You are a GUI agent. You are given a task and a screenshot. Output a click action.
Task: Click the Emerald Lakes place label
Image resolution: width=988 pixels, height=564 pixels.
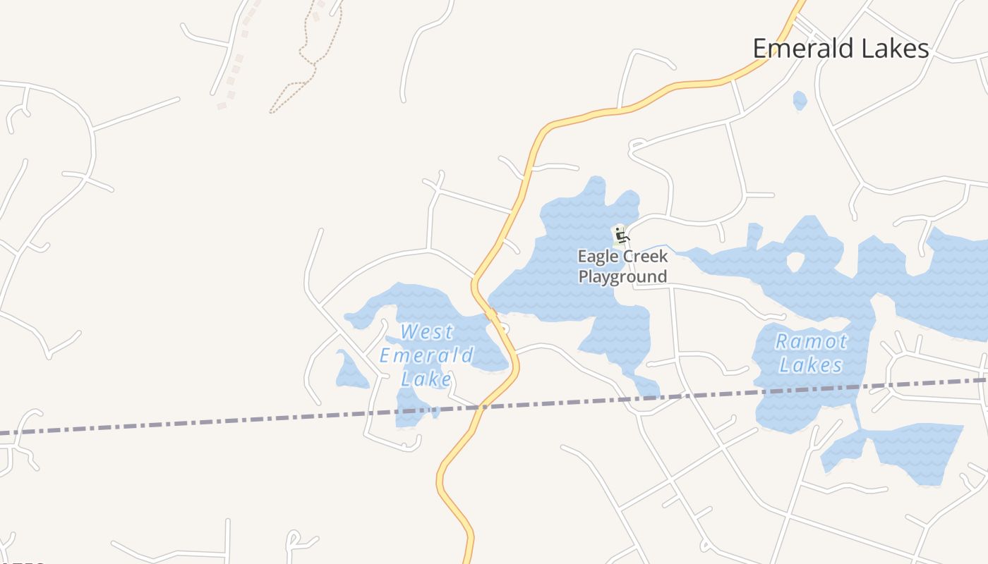(x=841, y=49)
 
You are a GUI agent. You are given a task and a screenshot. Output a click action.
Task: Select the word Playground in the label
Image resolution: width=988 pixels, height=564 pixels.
(x=622, y=276)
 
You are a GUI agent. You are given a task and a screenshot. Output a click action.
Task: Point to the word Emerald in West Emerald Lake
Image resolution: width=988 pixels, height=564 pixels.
(x=426, y=355)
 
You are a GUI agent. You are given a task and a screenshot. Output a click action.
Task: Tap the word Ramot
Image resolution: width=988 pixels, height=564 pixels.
(x=811, y=342)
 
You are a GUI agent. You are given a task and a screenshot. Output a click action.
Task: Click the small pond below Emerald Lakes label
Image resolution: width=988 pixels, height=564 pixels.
(x=800, y=100)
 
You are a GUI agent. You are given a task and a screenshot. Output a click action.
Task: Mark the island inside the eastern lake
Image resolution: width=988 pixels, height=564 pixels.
(x=795, y=262)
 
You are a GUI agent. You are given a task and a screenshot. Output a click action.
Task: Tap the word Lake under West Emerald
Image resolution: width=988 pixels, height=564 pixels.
(x=426, y=379)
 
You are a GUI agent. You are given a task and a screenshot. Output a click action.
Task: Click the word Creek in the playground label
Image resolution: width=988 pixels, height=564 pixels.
(x=644, y=256)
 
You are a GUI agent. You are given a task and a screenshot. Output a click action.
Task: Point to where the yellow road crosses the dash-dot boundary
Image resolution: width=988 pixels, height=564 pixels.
(x=481, y=407)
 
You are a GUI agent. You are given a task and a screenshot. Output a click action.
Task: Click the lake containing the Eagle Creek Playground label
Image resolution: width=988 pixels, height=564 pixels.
(x=558, y=282)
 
